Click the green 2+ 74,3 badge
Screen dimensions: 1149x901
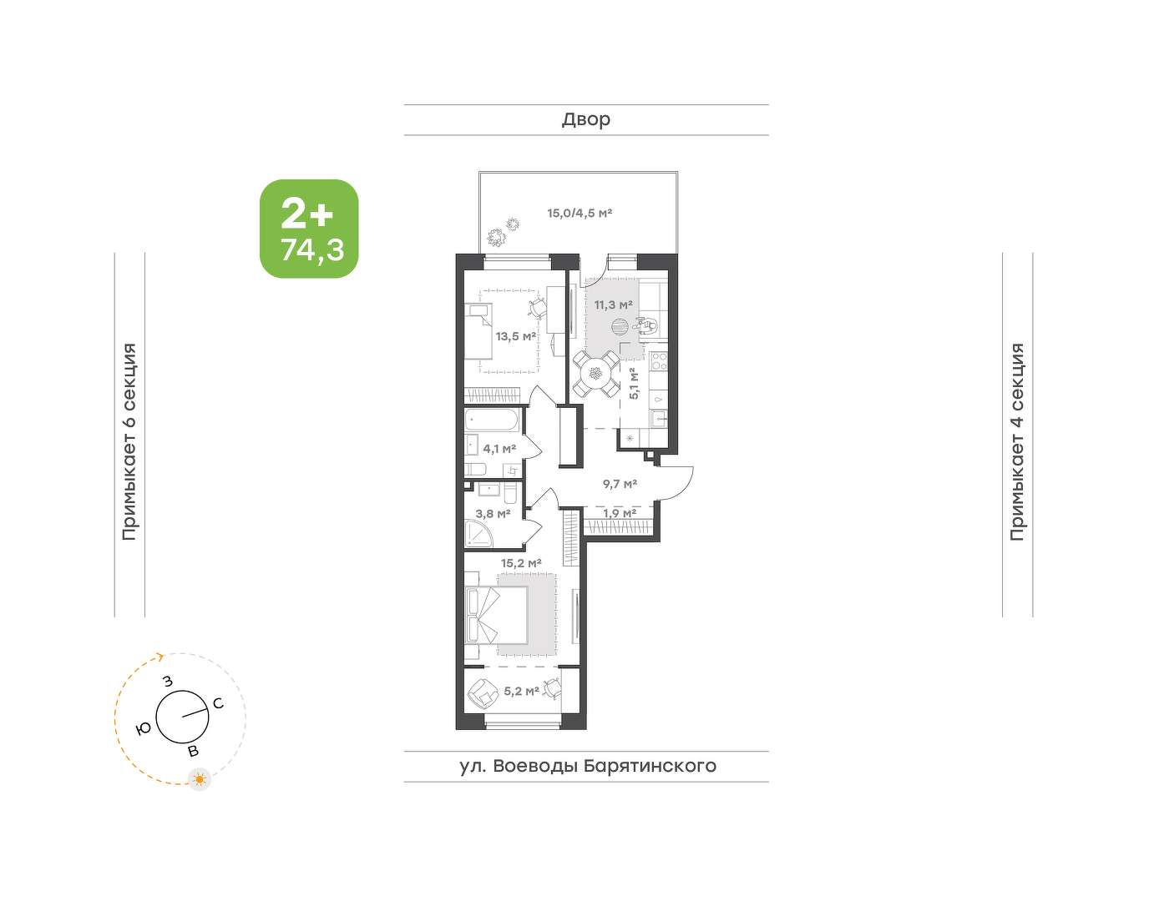tap(309, 229)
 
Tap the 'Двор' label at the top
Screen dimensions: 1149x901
tap(586, 120)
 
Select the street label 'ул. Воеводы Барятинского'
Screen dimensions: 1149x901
tap(588, 766)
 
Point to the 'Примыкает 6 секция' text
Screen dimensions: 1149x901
tap(129, 441)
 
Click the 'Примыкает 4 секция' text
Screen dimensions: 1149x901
tap(1017, 441)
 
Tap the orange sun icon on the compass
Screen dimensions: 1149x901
tap(200, 779)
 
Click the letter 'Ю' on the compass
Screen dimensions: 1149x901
tap(144, 729)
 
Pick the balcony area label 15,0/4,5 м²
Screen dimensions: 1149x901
tap(580, 214)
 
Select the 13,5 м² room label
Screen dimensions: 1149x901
tap(516, 336)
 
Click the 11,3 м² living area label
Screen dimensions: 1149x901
tap(614, 305)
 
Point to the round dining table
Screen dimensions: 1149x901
tap(596, 375)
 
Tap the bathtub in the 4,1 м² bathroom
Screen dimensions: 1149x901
tap(493, 420)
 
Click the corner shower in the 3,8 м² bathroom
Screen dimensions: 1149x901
tap(478, 533)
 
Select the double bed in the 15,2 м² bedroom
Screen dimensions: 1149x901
tap(497, 616)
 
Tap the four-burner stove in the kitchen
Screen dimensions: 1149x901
tap(660, 361)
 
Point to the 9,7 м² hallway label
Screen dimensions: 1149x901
tap(620, 484)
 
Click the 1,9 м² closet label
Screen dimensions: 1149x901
tap(620, 513)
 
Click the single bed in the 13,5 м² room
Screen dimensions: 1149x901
tap(478, 332)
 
